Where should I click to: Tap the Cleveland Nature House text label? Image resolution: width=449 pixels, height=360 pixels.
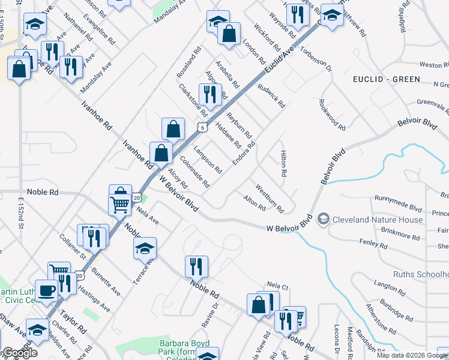coord(377,219)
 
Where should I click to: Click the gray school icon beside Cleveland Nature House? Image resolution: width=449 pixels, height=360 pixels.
coord(324,219)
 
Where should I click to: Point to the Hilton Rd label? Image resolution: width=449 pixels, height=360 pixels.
coord(282,163)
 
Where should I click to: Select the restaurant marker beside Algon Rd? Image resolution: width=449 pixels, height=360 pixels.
coord(209,94)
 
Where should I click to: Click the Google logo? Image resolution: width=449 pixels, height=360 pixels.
coord(19,353)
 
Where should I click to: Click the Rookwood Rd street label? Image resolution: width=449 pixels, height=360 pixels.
coord(333,115)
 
